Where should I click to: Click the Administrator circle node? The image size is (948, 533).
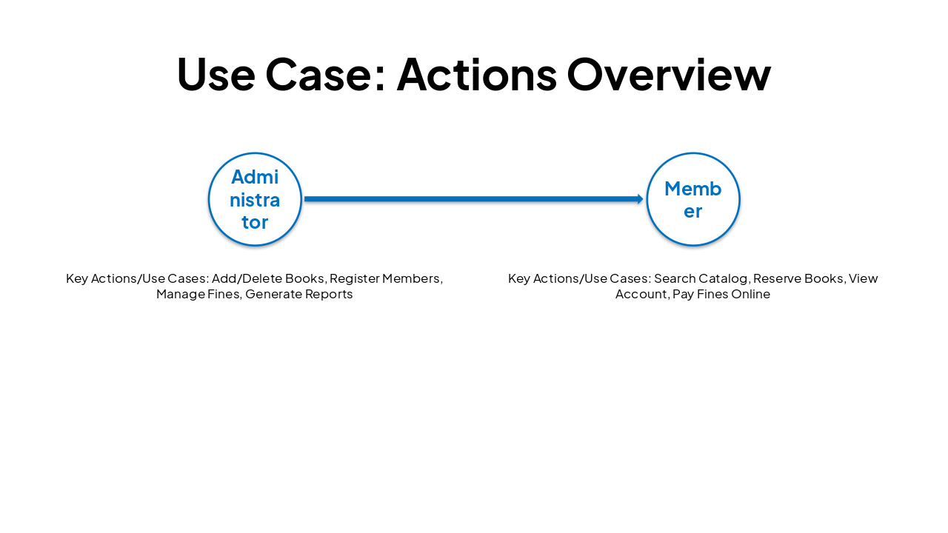pyautogui.click(x=255, y=199)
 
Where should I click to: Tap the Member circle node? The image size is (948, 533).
pyautogui.click(x=693, y=199)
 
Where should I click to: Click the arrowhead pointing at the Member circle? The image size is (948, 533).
pyautogui.click(x=640, y=199)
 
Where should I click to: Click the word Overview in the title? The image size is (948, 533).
pyautogui.click(x=669, y=74)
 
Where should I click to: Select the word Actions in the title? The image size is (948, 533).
pyautogui.click(x=476, y=74)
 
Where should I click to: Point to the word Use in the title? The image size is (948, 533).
pyautogui.click(x=216, y=74)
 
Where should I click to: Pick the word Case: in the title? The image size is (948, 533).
pyautogui.click(x=326, y=74)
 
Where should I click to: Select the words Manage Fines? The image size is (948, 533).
pyautogui.click(x=198, y=294)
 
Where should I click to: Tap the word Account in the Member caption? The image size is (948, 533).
pyautogui.click(x=641, y=294)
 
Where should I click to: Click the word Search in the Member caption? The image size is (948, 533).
pyautogui.click(x=675, y=278)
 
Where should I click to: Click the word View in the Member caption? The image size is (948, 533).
pyautogui.click(x=863, y=278)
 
